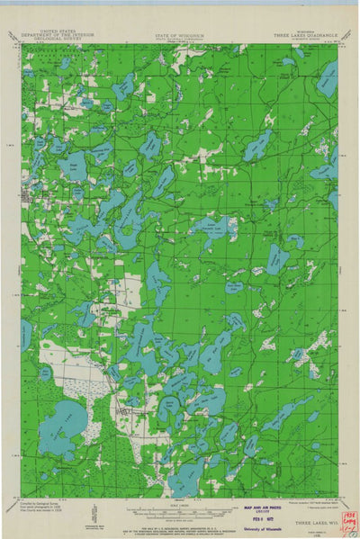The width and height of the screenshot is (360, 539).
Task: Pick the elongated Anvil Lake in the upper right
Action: click(258, 145)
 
